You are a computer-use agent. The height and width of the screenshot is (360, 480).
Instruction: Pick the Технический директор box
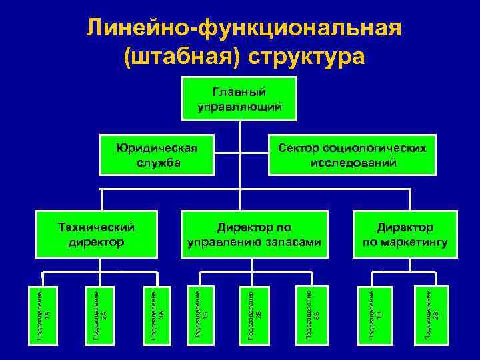(96, 234)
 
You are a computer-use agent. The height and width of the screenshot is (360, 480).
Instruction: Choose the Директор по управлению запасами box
(254, 234)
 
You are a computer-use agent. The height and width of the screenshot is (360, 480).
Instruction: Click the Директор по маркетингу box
(405, 234)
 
